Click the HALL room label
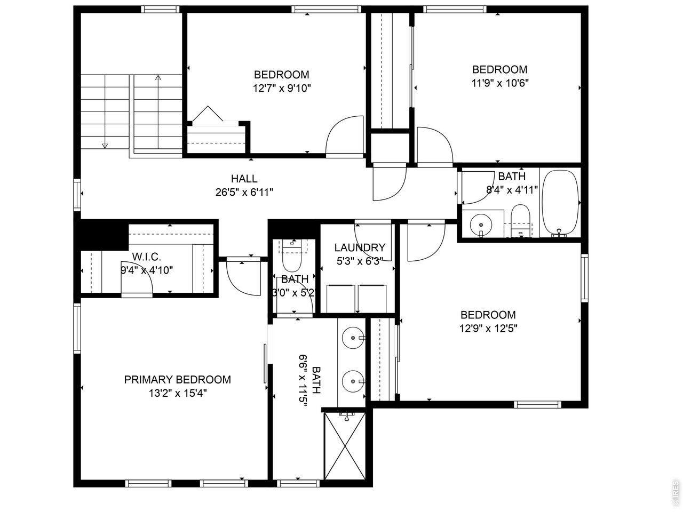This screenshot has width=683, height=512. (x=244, y=179)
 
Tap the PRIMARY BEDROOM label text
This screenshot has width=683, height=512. (x=177, y=380)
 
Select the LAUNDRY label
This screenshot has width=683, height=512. (x=360, y=247)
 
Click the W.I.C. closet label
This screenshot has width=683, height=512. (x=147, y=257)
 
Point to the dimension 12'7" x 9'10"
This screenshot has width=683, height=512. (x=282, y=89)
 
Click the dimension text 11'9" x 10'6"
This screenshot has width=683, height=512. (x=500, y=83)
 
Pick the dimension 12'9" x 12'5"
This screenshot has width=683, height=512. (x=488, y=329)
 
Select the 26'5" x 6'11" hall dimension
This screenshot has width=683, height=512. (x=244, y=193)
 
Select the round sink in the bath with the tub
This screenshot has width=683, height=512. (x=481, y=225)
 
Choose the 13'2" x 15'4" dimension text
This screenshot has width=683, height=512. (x=177, y=394)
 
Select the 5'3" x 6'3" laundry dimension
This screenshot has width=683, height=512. (x=360, y=261)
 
